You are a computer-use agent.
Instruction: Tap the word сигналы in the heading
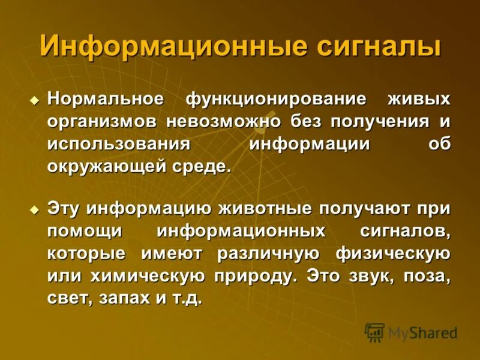377,46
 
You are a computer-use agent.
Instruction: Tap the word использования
119,144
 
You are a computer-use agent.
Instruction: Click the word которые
86,254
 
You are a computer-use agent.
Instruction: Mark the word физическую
394,254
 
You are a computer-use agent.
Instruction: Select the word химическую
155,276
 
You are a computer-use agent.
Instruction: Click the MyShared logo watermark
411,332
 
